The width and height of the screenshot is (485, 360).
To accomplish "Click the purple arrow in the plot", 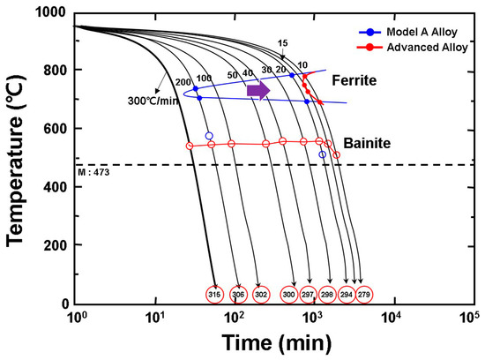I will [x=258, y=90].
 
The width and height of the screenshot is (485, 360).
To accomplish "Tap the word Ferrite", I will [x=356, y=80].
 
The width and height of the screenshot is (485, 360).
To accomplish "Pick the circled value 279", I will [x=364, y=293].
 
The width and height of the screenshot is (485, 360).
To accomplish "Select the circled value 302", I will [x=260, y=293].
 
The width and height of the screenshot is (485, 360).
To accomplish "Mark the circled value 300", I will [x=288, y=293].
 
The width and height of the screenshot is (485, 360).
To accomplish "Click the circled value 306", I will [x=238, y=293].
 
